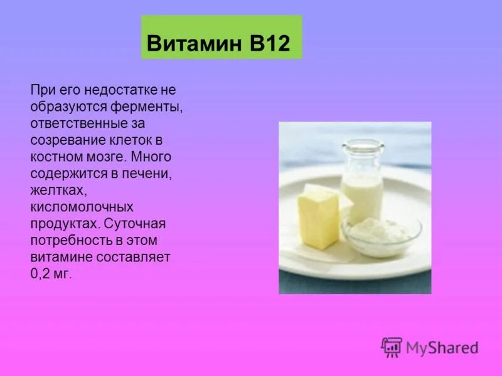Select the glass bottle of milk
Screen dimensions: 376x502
click(x=362, y=182)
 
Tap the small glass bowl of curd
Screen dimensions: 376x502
click(x=381, y=235)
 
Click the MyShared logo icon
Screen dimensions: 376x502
click(x=392, y=347)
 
